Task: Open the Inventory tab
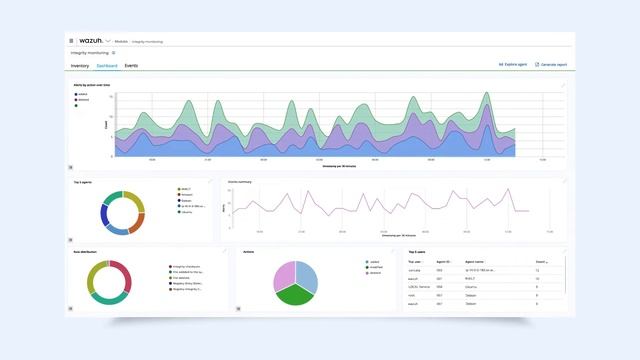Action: point(80,65)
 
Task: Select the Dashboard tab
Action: point(107,65)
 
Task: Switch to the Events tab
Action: point(131,65)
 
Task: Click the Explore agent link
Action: point(513,65)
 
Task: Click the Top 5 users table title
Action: point(416,252)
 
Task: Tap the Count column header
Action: point(539,261)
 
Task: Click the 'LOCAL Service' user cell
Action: point(418,287)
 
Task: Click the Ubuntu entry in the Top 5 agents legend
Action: point(186,212)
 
